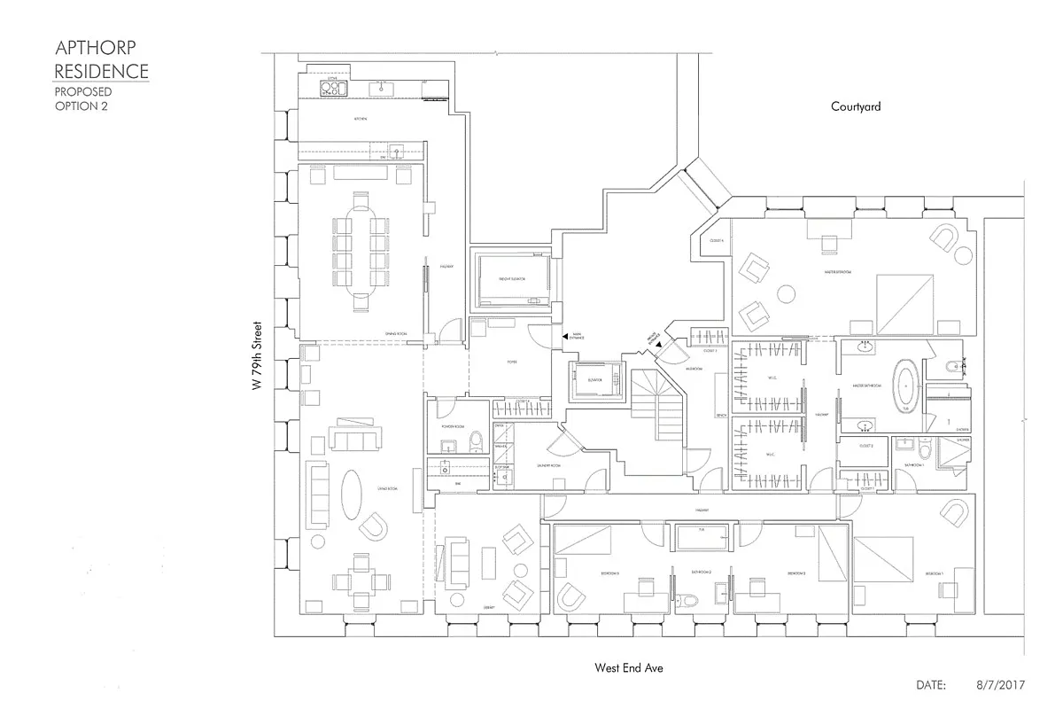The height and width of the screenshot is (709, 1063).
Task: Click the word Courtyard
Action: coord(856,106)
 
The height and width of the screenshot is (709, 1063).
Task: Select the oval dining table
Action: coord(361,250)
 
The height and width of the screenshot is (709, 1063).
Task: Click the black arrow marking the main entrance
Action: coord(566,337)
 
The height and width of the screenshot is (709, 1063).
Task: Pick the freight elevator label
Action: coord(512,279)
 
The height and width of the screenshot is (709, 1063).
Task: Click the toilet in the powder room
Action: coord(477,439)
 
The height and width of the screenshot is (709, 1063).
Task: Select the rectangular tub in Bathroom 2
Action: coord(701,536)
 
